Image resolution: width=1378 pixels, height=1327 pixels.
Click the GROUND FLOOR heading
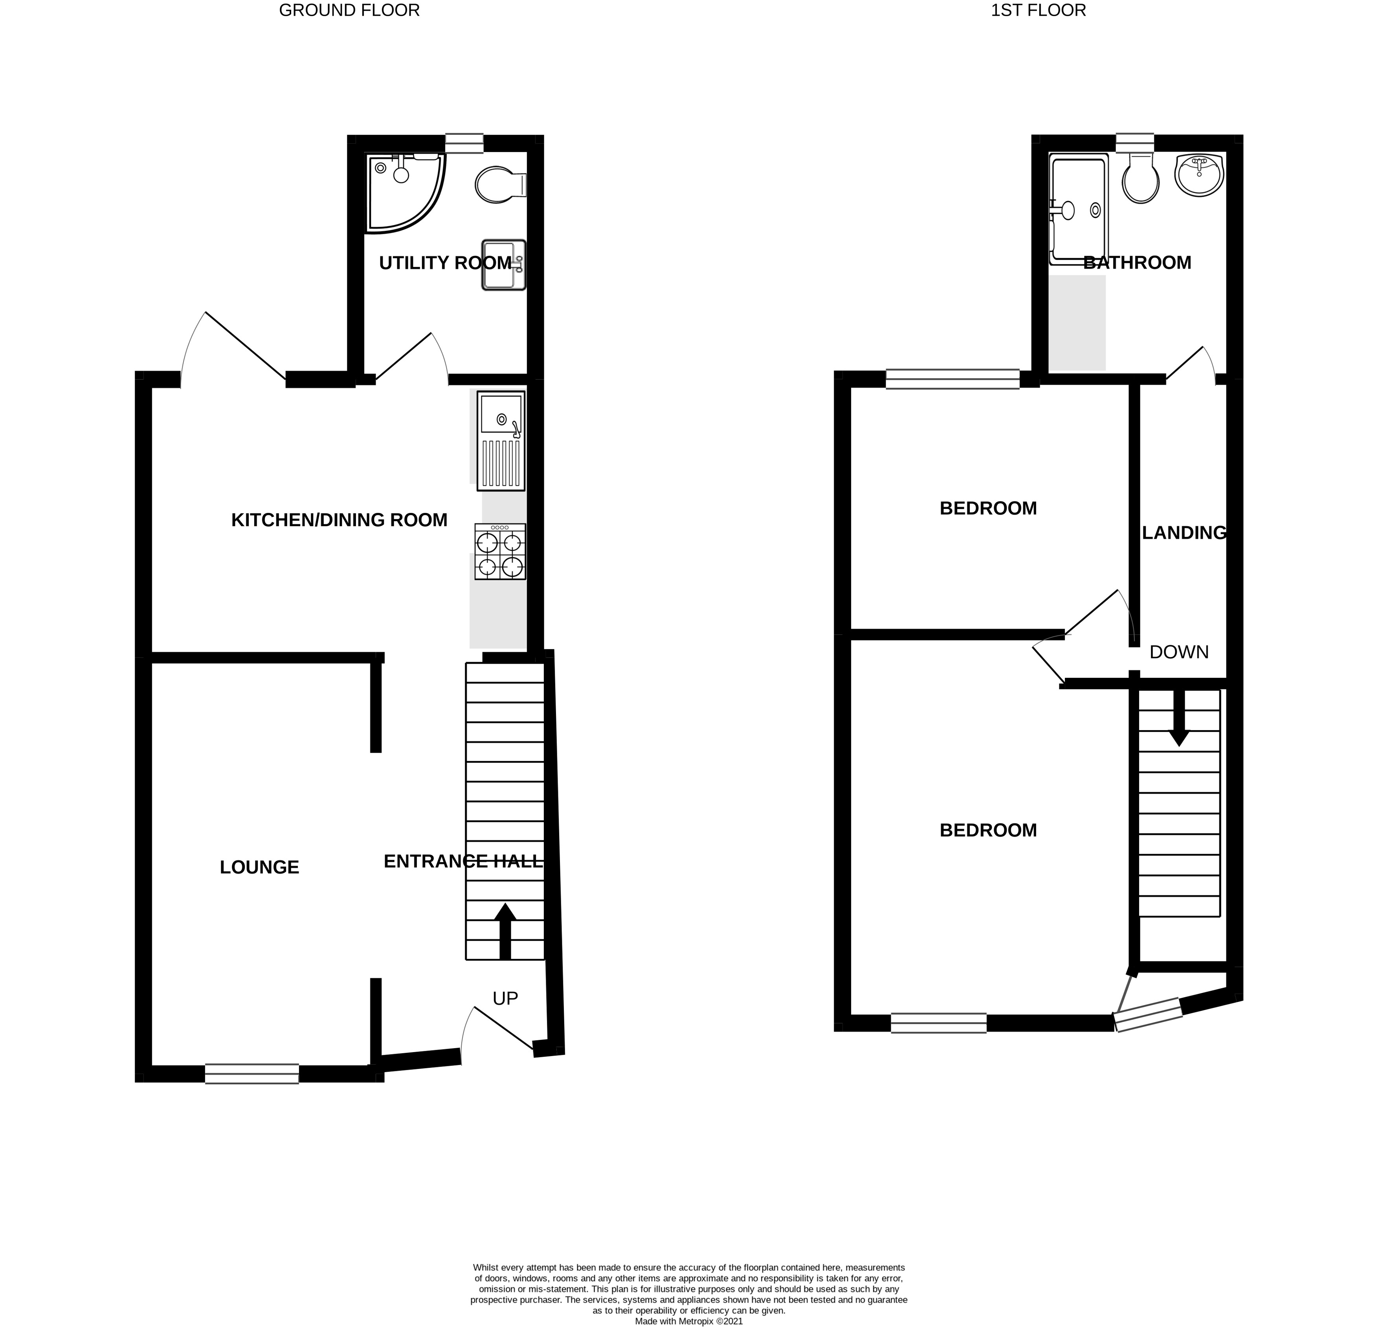pyautogui.click(x=349, y=11)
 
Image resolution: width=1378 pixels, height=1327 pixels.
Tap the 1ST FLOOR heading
pyautogui.click(x=1039, y=11)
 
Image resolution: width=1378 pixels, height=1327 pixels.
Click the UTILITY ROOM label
pyautogui.click(x=446, y=263)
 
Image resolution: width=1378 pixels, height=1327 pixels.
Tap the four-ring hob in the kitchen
pyautogui.click(x=500, y=552)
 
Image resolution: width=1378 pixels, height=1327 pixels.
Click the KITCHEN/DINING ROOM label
pyautogui.click(x=339, y=520)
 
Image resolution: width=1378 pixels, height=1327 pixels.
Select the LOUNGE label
pyautogui.click(x=259, y=868)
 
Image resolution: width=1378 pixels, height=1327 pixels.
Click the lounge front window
pyautogui.click(x=252, y=1074)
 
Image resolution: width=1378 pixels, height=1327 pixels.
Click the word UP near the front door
pyautogui.click(x=505, y=998)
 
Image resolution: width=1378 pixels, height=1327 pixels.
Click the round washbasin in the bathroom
pyautogui.click(x=1200, y=175)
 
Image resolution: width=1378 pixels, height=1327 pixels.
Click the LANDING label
pyautogui.click(x=1185, y=533)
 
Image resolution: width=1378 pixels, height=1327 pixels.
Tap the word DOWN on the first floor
pyautogui.click(x=1179, y=652)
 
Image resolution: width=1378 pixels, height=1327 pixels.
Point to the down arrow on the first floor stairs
pyautogui.click(x=1179, y=717)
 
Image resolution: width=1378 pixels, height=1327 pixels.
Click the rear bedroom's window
pyautogui.click(x=952, y=379)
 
